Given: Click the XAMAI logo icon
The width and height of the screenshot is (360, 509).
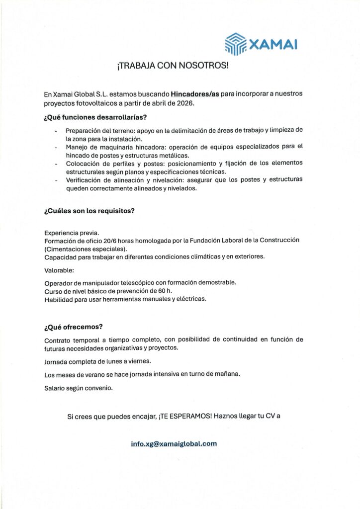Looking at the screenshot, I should pos(235,44).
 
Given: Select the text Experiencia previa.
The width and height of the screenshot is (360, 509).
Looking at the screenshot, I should pos(72,233).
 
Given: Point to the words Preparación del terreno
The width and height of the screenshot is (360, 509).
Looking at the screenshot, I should pos(97,130).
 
